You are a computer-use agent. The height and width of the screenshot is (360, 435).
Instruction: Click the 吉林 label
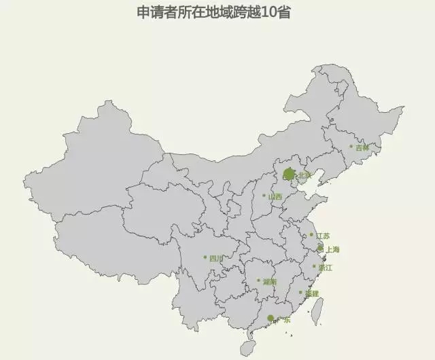point(362,147)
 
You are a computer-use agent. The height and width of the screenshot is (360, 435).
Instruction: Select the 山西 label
point(275,197)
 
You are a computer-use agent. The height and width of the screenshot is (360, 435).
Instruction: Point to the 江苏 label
point(322,236)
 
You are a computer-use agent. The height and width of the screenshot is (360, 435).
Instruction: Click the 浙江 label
point(325,268)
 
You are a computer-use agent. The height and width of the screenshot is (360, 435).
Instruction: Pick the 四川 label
point(216,258)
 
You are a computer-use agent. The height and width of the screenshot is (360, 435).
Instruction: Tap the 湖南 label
point(269,281)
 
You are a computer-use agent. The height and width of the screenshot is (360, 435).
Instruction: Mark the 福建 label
point(311,294)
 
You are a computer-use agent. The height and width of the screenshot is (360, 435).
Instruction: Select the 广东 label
point(282,319)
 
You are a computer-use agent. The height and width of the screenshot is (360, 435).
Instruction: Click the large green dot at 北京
point(290,175)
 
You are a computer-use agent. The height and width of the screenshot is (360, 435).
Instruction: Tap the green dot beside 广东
point(271,318)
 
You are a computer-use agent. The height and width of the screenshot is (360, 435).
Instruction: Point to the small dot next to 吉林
point(351,146)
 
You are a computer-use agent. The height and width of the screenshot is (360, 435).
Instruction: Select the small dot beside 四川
point(205,257)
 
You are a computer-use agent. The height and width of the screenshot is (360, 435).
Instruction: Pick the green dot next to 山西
point(264,196)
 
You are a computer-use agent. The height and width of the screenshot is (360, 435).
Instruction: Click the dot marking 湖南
point(259,280)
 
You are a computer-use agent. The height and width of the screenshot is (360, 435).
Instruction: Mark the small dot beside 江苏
point(312,235)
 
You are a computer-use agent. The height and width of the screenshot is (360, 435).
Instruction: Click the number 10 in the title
point(268,13)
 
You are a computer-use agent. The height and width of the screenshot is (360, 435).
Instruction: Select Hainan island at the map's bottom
point(249,348)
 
